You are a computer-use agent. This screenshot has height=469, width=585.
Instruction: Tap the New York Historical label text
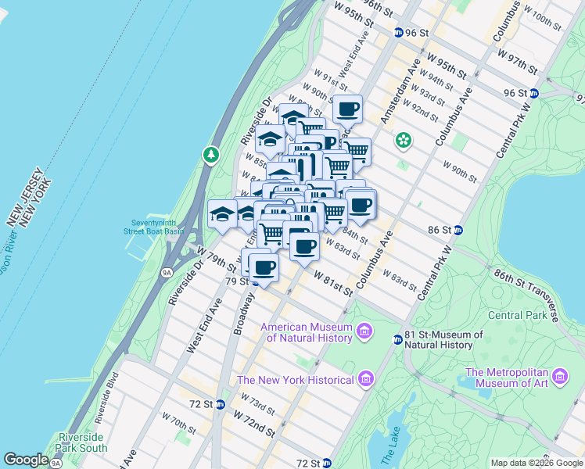(295, 380)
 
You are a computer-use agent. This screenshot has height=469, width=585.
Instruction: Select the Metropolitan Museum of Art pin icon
(560, 378)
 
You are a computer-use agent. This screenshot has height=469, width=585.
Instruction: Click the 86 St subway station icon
(458, 230)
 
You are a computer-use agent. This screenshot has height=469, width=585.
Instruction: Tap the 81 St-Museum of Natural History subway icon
(397, 339)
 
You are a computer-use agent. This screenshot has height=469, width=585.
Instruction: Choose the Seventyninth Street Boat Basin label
(157, 226)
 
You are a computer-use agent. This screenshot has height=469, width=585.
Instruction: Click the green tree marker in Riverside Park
(210, 156)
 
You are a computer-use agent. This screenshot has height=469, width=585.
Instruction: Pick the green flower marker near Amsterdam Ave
(403, 141)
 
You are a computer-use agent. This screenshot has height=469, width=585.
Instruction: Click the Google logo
(26, 460)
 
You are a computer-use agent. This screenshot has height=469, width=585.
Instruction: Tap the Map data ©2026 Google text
(537, 463)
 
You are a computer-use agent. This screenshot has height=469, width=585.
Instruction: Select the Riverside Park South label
(82, 442)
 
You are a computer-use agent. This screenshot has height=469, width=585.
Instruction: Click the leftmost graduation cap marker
(222, 213)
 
